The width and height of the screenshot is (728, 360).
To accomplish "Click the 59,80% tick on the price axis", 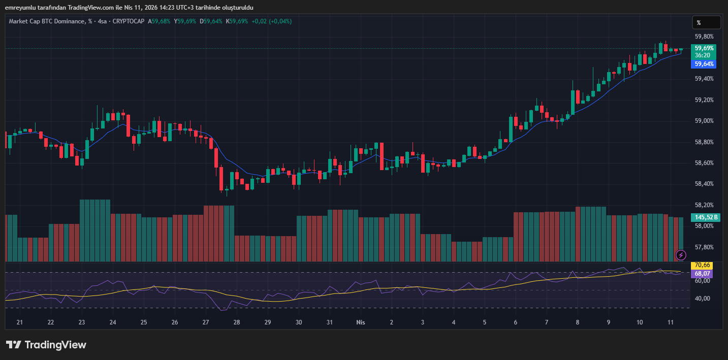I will tap(704, 37).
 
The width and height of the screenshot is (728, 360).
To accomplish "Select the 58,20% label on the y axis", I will tap(704, 205).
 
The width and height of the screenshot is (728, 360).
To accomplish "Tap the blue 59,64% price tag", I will tap(704, 64).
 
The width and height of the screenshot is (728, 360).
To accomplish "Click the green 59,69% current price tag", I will tap(704, 48).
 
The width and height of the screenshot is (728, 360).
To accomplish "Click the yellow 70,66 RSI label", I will tap(702, 265).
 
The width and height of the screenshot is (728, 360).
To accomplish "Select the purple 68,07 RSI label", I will tap(702, 273).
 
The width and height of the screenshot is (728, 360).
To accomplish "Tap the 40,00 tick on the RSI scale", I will tap(702, 298).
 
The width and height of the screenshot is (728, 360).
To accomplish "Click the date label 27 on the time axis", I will tap(206, 322).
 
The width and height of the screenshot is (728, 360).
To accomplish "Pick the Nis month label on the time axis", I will tap(361, 322).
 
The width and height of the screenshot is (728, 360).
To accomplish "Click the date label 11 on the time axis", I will tap(670, 322).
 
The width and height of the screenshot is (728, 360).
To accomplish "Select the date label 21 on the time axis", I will tap(20, 322).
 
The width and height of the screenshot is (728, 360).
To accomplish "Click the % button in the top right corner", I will tap(706, 22).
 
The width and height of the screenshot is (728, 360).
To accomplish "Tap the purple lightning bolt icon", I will tap(681, 254).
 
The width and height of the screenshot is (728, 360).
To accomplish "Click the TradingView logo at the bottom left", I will tap(46, 345).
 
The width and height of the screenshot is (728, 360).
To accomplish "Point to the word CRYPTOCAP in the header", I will tap(129, 21).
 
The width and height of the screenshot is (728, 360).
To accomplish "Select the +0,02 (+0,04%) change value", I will tap(271, 21).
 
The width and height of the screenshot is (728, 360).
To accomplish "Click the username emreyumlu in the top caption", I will tap(20, 7).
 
